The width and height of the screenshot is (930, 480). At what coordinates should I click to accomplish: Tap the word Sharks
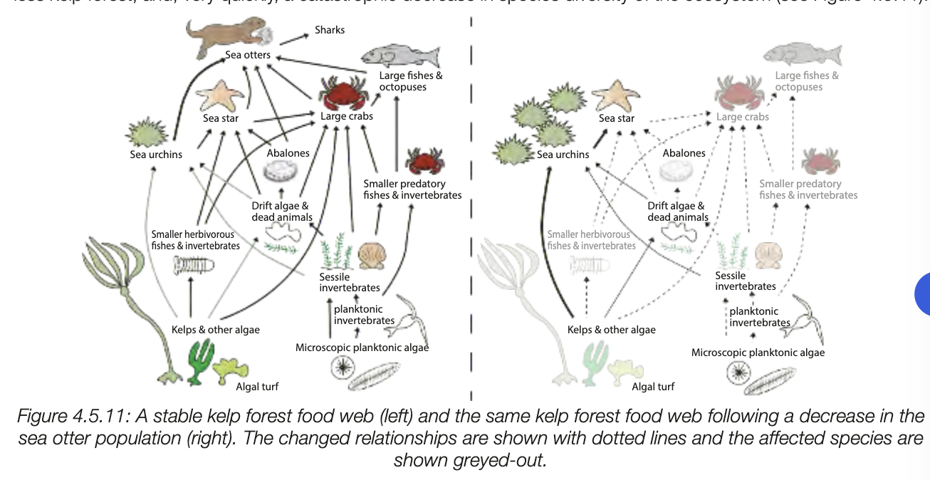pos(330,31)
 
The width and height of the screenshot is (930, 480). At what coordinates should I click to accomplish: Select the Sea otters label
pos(248,56)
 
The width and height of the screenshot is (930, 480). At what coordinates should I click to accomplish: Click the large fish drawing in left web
pos(399,55)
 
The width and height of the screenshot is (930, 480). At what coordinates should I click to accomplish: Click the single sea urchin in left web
pos(146,132)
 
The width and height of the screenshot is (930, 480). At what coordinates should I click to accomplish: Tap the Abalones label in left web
pos(288,153)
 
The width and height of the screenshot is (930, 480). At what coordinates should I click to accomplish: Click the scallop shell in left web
pos(371,254)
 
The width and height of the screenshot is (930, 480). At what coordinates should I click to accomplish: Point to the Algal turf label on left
pos(257,387)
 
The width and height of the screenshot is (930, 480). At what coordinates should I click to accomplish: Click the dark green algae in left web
pos(201,361)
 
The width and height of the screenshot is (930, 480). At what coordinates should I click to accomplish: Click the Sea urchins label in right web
pos(563,155)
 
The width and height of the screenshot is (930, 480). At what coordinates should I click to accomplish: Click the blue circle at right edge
pos(923,293)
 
